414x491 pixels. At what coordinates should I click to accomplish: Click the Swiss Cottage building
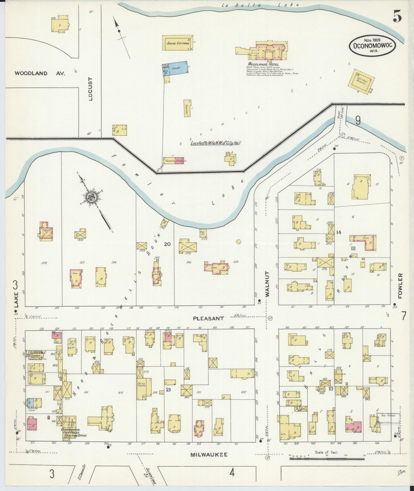point(178,43)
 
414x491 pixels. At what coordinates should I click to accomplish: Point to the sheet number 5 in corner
point(397,17)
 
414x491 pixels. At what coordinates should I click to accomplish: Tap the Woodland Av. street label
point(40,73)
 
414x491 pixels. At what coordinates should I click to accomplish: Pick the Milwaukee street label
point(209,455)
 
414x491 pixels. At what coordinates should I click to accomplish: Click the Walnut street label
point(268,284)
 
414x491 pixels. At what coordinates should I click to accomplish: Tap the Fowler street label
point(400,286)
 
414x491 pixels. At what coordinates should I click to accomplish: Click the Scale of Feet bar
point(327,458)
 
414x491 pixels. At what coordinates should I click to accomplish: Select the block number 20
point(167,244)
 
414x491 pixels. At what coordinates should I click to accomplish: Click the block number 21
point(168,390)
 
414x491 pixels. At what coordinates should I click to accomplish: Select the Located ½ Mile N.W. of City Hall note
point(215,142)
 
